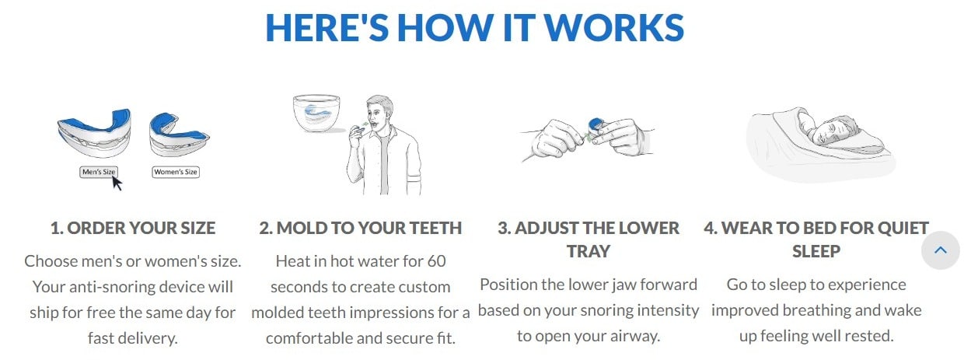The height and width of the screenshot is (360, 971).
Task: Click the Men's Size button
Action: point(99,172)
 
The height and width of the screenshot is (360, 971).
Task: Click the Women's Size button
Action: point(176,172)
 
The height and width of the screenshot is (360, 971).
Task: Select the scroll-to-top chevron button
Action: point(940,250)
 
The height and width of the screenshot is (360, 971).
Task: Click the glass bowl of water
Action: point(316,113)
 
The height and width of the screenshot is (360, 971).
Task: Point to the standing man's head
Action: point(379,110)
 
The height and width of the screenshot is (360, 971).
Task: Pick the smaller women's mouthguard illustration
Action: point(179,135)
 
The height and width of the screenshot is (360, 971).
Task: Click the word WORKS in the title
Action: point(614,28)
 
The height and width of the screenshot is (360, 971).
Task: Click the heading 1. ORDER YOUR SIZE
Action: point(133,228)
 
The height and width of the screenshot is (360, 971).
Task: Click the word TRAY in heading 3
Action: point(589,251)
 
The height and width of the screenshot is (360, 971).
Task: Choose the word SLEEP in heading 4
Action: point(816,251)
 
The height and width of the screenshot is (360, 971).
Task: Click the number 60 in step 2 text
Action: point(436,261)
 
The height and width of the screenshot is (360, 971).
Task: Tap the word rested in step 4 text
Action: point(871,336)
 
